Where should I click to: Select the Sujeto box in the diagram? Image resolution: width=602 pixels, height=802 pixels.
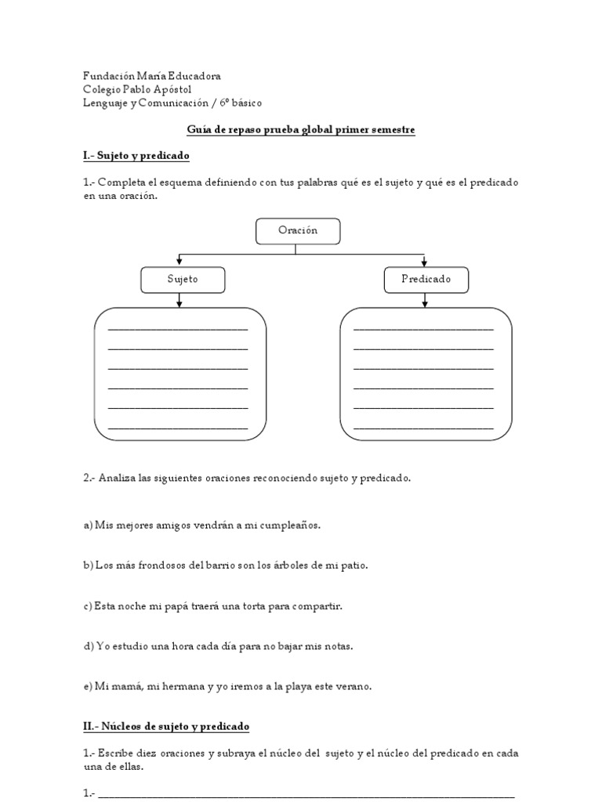(x=183, y=280)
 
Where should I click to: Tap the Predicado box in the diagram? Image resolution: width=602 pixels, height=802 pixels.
(x=426, y=280)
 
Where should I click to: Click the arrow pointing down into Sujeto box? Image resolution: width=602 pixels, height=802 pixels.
(x=181, y=261)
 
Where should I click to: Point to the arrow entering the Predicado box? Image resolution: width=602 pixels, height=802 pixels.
(x=424, y=261)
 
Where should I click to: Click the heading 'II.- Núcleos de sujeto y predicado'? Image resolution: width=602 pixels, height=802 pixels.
(x=166, y=727)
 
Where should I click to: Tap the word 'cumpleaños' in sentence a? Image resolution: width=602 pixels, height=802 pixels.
(x=292, y=525)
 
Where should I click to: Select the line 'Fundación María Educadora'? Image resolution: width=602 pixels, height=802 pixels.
(x=152, y=76)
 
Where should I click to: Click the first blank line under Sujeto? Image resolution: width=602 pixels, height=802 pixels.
(x=178, y=328)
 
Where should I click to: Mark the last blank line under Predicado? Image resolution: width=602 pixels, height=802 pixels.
(x=424, y=428)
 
